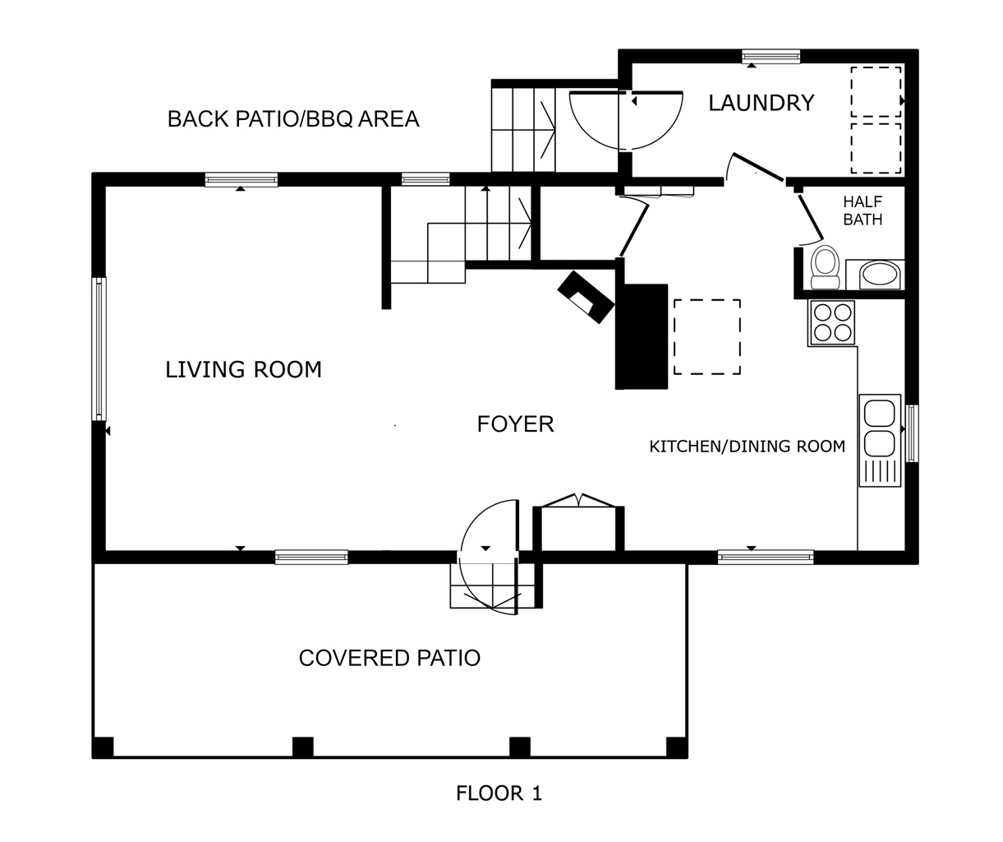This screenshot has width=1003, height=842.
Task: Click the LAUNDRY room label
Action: pyautogui.click(x=761, y=103)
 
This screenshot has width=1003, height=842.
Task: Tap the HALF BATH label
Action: pyautogui.click(x=863, y=210)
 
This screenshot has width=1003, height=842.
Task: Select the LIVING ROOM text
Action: pyautogui.click(x=243, y=370)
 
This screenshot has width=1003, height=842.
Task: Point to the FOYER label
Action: pyautogui.click(x=515, y=424)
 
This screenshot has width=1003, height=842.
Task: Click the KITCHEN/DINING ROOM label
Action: pyautogui.click(x=747, y=446)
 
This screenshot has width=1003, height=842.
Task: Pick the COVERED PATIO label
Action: pyautogui.click(x=389, y=658)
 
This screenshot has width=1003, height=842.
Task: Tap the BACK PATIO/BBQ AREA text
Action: pyautogui.click(x=293, y=119)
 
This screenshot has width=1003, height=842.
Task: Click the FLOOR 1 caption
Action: pyautogui.click(x=499, y=793)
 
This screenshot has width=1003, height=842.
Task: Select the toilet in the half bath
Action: pyautogui.click(x=826, y=267)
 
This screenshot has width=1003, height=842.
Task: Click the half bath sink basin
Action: pyautogui.click(x=880, y=275)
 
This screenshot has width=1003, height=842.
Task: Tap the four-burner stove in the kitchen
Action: pyautogui.click(x=832, y=322)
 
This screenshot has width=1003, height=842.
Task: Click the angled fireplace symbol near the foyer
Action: pyautogui.click(x=586, y=297)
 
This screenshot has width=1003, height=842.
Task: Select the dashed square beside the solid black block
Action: pyautogui.click(x=707, y=336)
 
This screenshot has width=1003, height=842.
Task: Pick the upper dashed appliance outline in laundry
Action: pyautogui.click(x=876, y=92)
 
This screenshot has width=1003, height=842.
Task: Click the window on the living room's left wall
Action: pyautogui.click(x=99, y=349)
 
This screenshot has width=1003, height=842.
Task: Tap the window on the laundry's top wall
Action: pyautogui.click(x=771, y=57)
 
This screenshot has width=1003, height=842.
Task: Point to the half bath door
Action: pyautogui.click(x=811, y=219)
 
